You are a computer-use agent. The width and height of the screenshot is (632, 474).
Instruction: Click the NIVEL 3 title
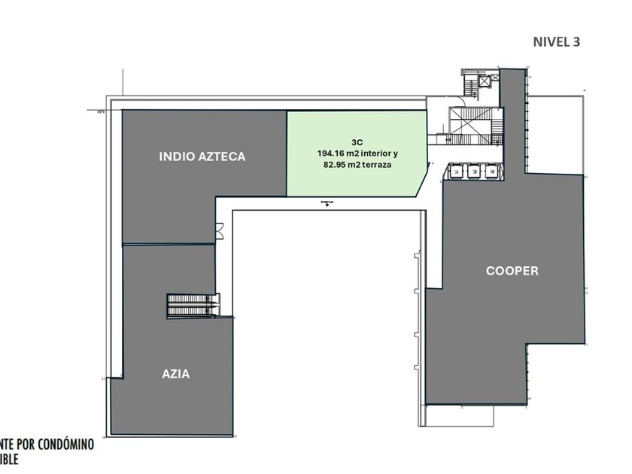click(556, 41)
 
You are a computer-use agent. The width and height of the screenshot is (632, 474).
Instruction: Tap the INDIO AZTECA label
click(202, 156)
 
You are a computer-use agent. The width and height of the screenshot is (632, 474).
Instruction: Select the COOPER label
click(512, 270)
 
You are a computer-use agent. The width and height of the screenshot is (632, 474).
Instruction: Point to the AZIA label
click(176, 373)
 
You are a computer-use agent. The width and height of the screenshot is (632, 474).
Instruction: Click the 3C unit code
click(357, 141)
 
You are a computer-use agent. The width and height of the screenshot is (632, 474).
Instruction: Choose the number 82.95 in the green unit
click(336, 164)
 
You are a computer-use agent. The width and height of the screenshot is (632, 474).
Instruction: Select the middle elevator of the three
click(474, 172)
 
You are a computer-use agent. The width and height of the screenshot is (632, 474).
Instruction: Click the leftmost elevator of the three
click(457, 172)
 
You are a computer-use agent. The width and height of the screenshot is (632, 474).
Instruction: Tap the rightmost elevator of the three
click(491, 172)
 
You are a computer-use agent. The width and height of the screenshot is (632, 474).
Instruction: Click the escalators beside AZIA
click(193, 305)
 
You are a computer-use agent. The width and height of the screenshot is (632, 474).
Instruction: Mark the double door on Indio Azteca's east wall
click(219, 231)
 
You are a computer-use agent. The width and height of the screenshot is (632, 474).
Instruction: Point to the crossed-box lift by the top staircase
click(482, 78)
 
